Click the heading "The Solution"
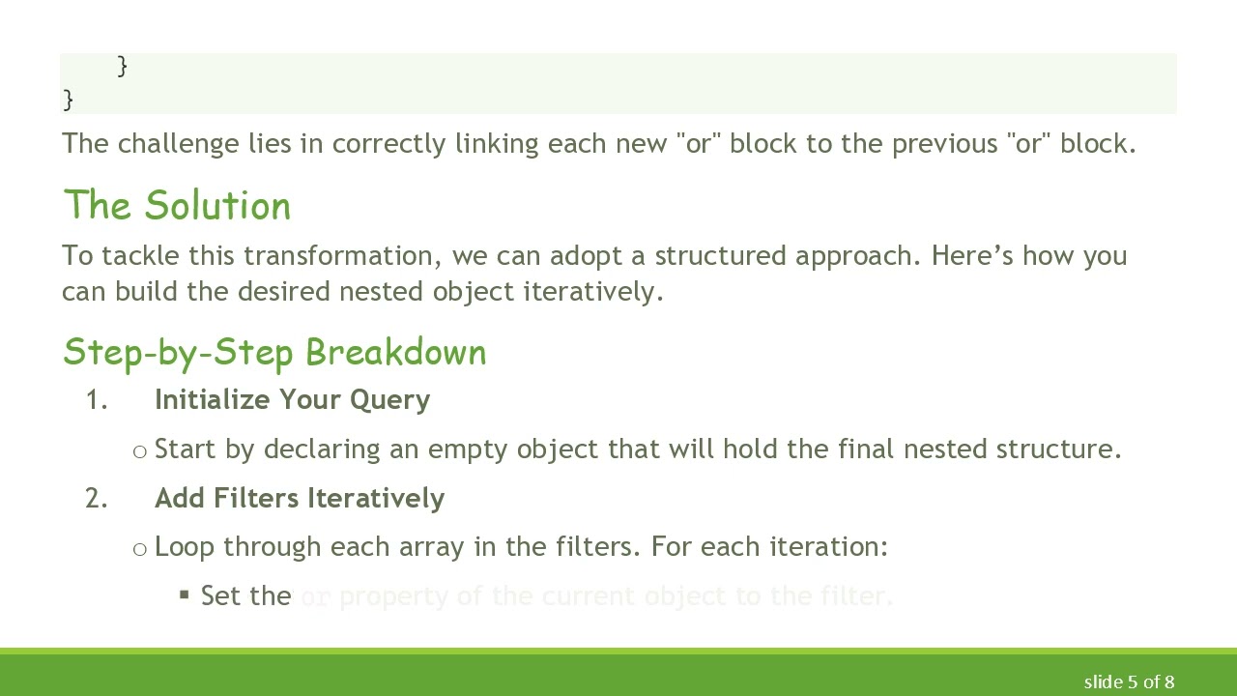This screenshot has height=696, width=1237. click(x=177, y=206)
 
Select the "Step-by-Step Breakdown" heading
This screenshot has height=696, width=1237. click(x=274, y=352)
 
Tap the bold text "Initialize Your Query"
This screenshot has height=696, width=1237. click(x=292, y=400)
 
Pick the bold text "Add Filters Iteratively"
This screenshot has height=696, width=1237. click(x=300, y=498)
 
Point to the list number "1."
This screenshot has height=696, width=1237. click(x=96, y=400)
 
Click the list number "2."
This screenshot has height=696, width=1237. click(x=96, y=498)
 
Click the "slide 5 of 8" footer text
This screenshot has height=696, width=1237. click(x=1129, y=681)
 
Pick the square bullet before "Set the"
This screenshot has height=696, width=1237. click(x=185, y=595)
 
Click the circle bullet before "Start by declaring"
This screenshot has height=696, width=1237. click(x=140, y=451)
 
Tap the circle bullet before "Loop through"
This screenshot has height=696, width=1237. click(x=140, y=549)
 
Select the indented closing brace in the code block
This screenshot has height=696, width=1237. click(x=122, y=66)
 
